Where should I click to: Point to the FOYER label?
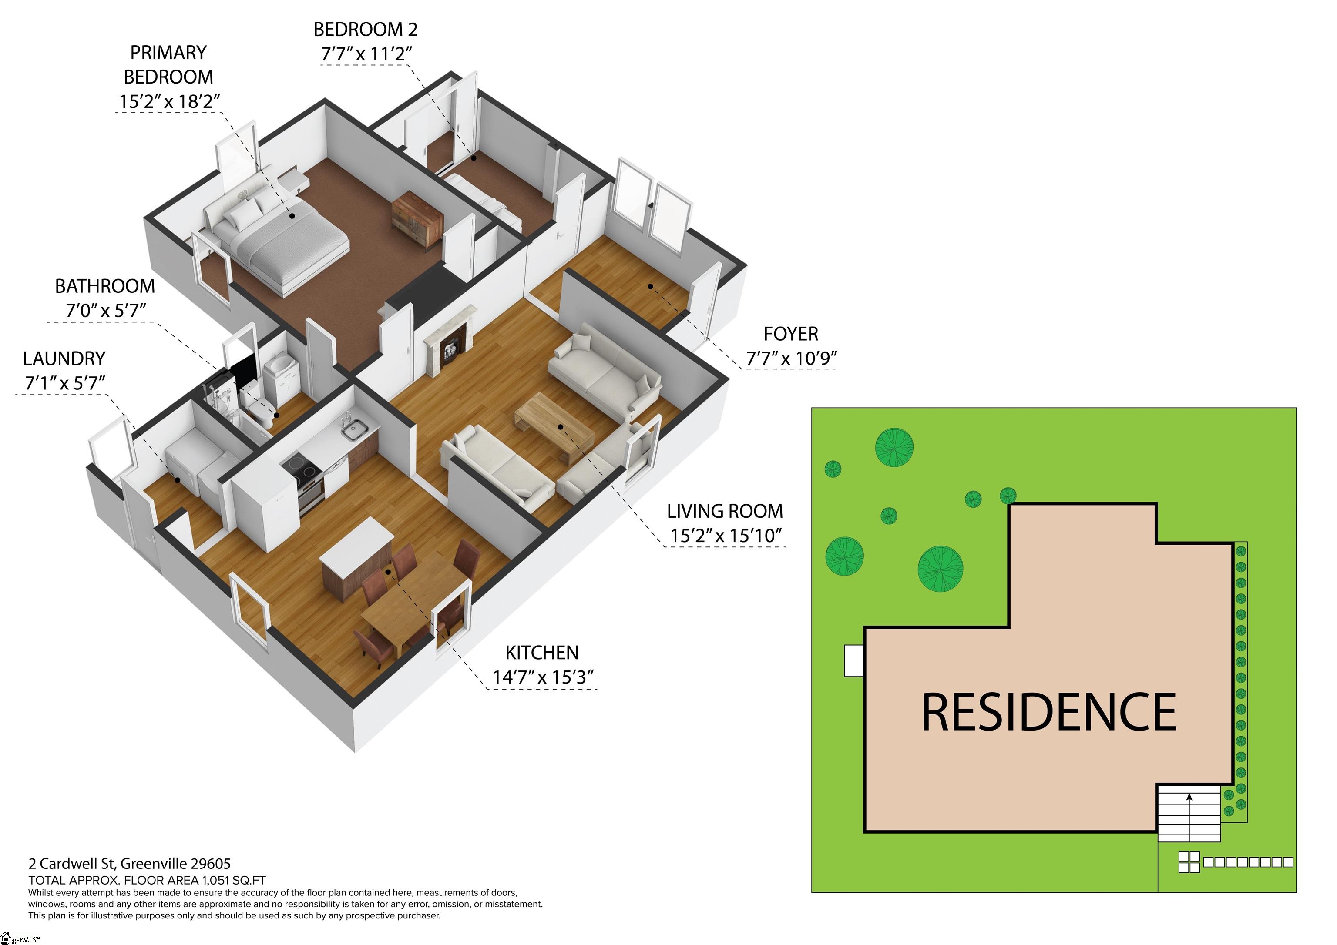pos(791,334)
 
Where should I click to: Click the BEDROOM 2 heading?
pos(365,29)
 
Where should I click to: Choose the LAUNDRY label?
pos(64,358)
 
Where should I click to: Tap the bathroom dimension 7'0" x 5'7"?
pos(105,310)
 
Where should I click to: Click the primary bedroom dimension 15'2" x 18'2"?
pos(169,101)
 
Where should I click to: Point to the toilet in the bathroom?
pos(262,412)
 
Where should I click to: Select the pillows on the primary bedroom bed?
pos(246,211)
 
